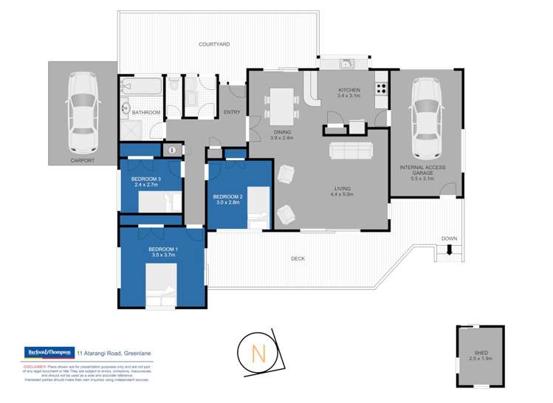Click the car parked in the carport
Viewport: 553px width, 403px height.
tap(81, 111)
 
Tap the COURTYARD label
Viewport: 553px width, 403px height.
tap(213, 45)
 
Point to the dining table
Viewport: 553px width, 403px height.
tap(281, 106)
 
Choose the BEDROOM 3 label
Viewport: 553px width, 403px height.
tap(146, 179)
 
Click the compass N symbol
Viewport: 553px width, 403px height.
tap(259, 354)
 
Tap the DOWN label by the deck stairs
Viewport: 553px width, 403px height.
tap(449, 238)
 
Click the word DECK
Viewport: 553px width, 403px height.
tap(298, 258)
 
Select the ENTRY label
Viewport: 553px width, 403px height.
tap(232, 112)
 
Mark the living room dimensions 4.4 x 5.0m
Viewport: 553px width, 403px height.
tap(344, 196)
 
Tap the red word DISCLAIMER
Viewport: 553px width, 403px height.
tap(35, 365)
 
